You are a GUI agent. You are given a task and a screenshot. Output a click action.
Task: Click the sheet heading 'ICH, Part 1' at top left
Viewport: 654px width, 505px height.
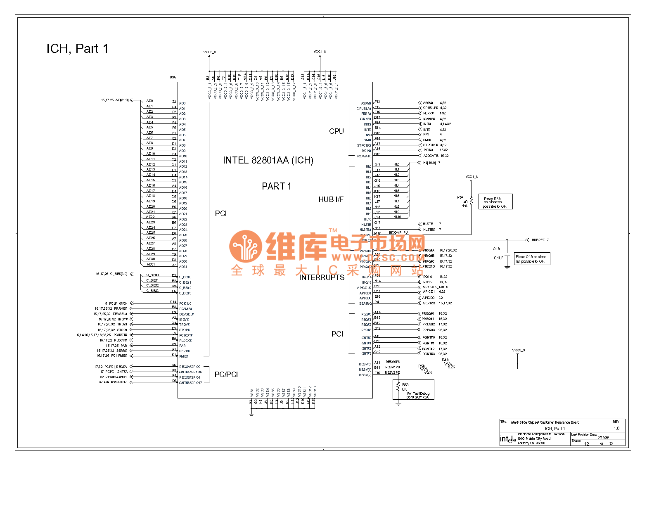coord(77,49)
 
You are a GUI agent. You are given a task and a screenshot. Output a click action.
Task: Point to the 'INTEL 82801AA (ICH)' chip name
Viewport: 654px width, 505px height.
coord(268,160)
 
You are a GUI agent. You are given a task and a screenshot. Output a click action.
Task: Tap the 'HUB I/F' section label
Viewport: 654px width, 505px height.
coord(331,199)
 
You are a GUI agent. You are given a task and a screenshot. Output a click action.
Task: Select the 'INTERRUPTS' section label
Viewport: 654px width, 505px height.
coord(322,277)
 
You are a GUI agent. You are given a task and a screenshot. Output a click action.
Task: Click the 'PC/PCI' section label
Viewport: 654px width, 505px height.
coord(226,375)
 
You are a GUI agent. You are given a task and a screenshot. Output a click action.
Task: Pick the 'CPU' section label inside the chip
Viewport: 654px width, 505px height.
coord(336,131)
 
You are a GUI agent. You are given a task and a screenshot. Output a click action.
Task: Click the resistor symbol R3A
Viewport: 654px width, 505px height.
coord(471,200)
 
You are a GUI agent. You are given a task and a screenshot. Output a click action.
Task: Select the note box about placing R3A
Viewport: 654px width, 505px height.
coord(495,202)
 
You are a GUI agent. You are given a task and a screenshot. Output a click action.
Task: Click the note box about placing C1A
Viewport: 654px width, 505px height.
coord(532,259)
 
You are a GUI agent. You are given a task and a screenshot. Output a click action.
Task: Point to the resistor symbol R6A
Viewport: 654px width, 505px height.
coord(398,386)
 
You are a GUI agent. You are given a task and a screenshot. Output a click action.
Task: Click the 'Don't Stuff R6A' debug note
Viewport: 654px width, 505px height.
coord(418,396)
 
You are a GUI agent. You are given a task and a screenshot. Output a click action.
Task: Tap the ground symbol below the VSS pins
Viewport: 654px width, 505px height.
coord(251,414)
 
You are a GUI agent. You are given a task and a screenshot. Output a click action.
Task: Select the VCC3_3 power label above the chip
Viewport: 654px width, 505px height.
coord(209,52)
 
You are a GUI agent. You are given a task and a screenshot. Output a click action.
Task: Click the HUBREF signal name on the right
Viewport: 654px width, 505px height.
coord(538,240)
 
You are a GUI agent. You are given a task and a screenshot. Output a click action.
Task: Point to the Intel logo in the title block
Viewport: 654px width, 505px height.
coord(508,439)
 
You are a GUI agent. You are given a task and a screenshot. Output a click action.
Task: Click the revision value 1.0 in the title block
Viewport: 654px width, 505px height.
coord(616,428)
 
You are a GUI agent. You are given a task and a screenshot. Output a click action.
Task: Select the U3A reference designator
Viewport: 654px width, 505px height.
coord(173,77)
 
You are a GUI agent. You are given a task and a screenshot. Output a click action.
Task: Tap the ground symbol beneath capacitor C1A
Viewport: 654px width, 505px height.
coord(507,267)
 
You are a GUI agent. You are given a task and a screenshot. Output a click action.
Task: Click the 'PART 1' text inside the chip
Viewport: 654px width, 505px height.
coord(276,187)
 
